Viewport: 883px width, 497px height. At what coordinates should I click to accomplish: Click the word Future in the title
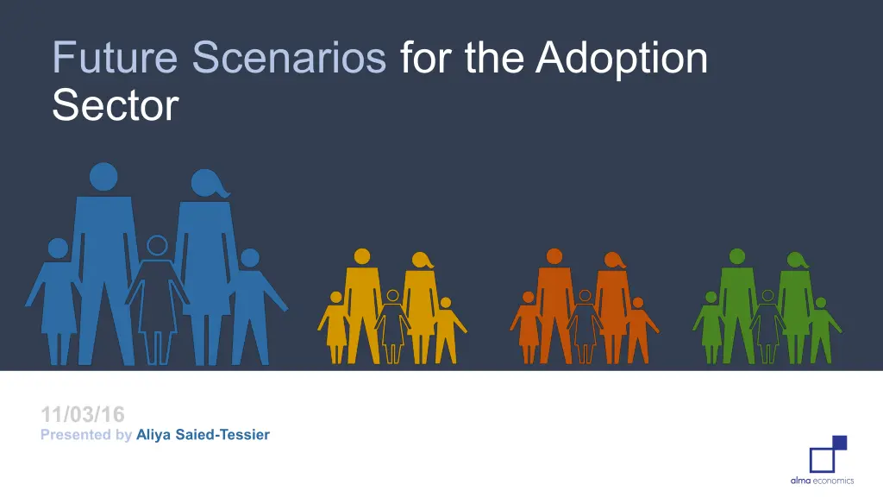(115, 57)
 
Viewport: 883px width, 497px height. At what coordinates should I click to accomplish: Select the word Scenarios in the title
(289, 57)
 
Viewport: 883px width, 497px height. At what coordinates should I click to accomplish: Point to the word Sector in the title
(116, 105)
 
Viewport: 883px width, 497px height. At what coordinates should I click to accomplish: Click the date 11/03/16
(83, 415)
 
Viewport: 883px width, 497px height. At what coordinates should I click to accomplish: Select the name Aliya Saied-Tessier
(203, 435)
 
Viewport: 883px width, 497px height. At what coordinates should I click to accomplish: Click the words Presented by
(86, 435)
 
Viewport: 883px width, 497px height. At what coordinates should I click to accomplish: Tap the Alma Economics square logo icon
(829, 454)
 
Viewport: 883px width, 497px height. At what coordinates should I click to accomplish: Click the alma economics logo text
(822, 481)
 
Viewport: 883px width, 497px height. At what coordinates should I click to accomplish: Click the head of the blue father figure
(103, 177)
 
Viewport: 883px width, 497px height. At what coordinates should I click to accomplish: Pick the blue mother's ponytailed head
(209, 183)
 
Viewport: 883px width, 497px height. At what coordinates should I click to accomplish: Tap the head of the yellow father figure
(362, 256)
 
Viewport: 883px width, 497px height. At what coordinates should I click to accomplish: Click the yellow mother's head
(422, 260)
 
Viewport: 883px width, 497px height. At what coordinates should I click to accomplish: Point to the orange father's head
(554, 256)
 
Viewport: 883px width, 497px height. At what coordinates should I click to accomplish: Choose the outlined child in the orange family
(586, 327)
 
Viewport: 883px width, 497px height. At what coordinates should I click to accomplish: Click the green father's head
(737, 256)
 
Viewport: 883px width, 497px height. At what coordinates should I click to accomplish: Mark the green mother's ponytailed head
(797, 260)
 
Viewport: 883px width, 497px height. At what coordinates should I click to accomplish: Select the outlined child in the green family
(767, 327)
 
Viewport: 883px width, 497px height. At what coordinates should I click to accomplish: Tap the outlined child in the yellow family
(392, 327)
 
